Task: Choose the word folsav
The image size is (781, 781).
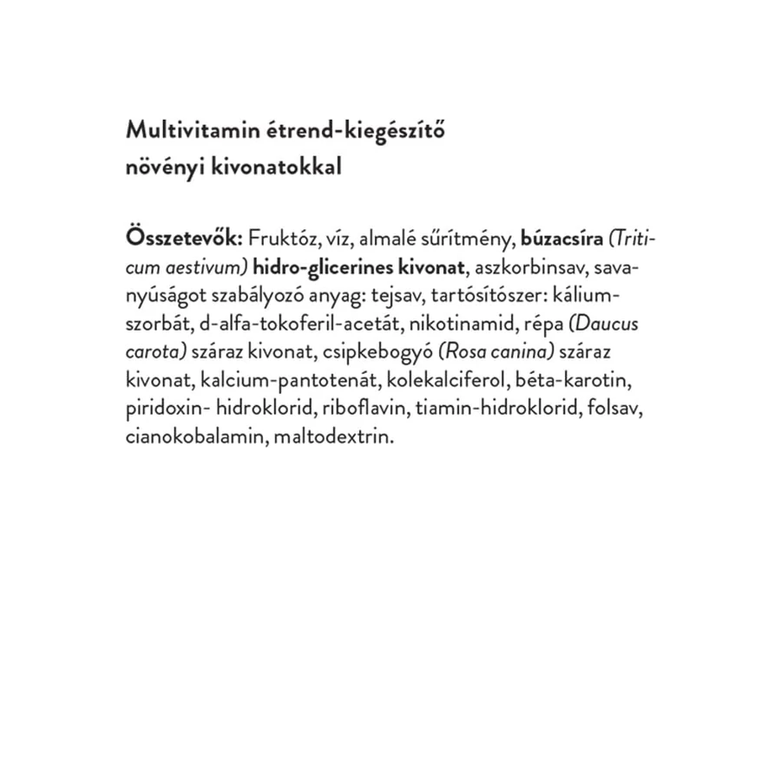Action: [x=624, y=409]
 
